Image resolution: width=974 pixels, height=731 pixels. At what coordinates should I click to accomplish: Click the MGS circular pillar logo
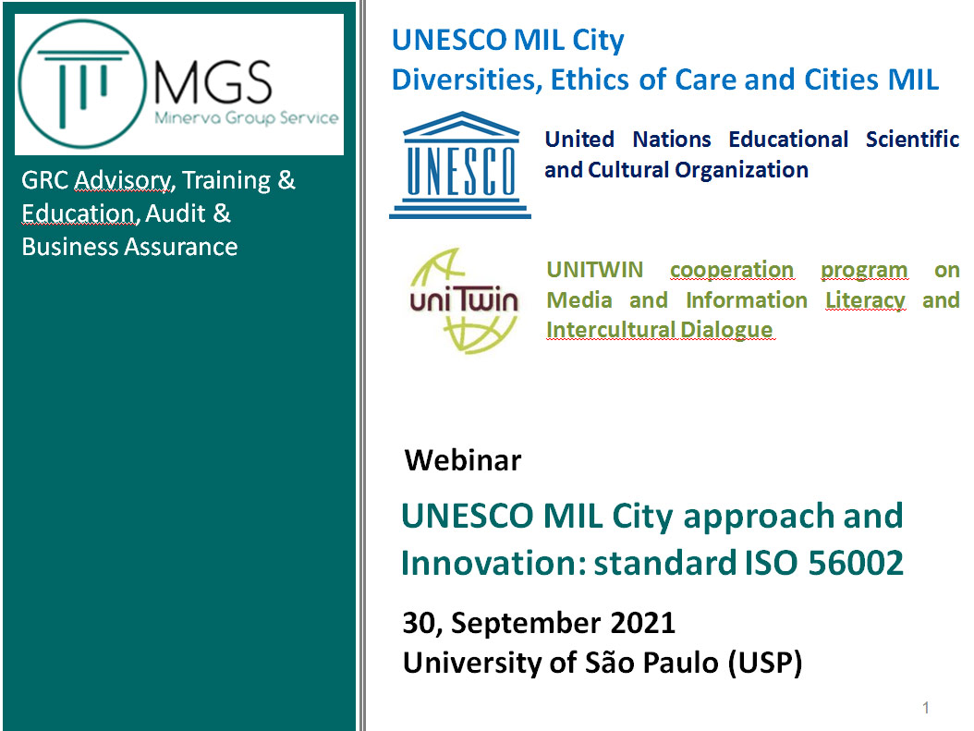[82, 84]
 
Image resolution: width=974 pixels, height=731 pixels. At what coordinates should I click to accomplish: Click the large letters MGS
[213, 82]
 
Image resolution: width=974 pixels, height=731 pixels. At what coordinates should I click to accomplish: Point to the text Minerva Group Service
[247, 118]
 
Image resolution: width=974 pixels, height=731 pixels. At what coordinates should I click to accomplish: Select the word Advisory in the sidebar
[123, 181]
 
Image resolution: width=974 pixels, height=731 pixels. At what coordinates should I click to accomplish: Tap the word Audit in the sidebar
[176, 213]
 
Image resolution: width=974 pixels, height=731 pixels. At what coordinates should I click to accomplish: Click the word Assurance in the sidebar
[181, 247]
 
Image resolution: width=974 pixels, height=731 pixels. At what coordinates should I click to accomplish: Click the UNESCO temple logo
[460, 165]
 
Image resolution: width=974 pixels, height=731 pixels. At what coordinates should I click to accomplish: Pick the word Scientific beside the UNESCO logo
[912, 140]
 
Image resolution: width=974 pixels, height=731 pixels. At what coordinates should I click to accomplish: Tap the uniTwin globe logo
[464, 300]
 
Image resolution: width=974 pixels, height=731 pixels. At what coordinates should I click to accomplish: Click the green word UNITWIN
[594, 270]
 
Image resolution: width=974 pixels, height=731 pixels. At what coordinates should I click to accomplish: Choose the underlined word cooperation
[732, 271]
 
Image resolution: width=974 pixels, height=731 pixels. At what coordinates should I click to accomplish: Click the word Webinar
[463, 460]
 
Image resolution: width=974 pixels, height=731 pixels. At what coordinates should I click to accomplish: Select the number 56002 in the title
[856, 563]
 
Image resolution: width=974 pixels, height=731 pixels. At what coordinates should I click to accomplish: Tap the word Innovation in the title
[493, 563]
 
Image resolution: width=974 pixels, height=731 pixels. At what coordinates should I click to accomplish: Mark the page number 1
[926, 707]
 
